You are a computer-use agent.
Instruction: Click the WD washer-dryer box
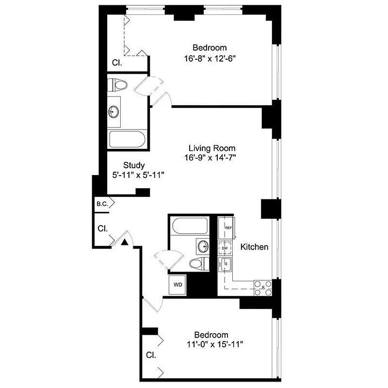pos(178,285)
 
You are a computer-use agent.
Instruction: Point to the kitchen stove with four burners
pos(263,286)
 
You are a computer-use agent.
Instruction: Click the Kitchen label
pos(255,247)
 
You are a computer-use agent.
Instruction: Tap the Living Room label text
pos(212,148)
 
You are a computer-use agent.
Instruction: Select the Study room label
pos(134,165)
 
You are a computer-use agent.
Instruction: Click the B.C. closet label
pos(102,204)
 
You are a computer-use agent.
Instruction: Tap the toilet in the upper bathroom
pos(118,85)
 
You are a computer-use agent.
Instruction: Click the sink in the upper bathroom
pos(114,111)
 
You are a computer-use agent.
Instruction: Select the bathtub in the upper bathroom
pos(127,140)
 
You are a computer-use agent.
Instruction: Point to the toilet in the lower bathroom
pos(198,264)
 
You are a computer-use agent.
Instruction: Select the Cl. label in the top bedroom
pos(117,63)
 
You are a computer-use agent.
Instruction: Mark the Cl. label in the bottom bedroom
pos(151,355)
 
